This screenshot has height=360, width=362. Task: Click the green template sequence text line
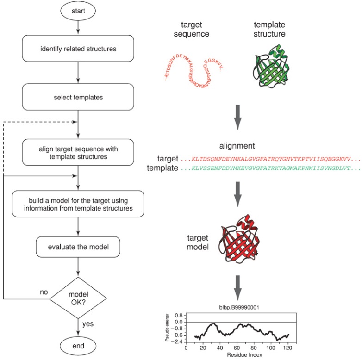point(271,168)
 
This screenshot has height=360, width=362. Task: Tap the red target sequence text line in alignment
point(271,158)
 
